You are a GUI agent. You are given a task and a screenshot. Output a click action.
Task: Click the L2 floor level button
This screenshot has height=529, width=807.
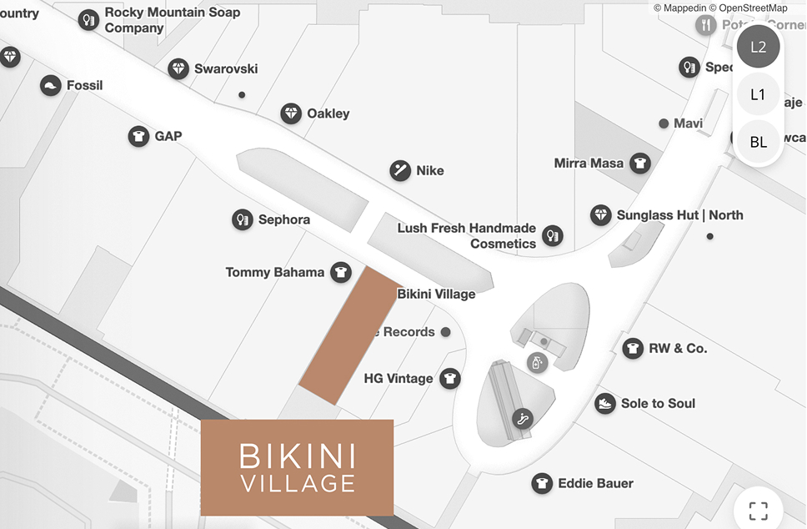[x=758, y=47]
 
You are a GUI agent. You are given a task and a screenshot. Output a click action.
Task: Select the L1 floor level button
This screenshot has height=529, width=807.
[x=758, y=94]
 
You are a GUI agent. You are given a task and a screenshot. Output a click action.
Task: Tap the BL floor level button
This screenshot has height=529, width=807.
[x=758, y=142]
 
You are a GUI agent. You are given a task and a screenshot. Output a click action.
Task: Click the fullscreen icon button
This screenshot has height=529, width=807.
[x=758, y=510]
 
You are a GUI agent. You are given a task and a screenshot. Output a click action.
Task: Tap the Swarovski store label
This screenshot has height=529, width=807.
[x=226, y=69]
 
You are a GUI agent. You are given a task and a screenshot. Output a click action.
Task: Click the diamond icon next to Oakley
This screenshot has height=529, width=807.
[x=291, y=113]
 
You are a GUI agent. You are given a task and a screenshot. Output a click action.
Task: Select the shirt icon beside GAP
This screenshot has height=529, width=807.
[x=138, y=136]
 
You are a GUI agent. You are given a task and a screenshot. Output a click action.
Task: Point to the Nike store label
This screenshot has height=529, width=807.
[x=430, y=171]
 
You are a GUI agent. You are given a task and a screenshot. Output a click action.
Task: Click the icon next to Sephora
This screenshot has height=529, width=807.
[x=243, y=219]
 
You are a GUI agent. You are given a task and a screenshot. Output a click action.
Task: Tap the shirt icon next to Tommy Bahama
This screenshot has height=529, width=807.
[x=339, y=272]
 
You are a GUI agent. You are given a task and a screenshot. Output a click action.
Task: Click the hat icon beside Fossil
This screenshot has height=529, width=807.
[x=51, y=86]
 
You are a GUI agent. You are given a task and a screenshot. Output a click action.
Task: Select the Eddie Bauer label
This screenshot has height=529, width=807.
[x=596, y=483]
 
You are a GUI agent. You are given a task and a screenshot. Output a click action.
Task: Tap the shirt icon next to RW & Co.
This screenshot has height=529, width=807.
[x=633, y=348]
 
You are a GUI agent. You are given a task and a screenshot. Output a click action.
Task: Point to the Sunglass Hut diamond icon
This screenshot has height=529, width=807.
[x=601, y=215]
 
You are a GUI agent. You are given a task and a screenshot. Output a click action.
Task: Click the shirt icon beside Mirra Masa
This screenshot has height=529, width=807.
[x=639, y=164]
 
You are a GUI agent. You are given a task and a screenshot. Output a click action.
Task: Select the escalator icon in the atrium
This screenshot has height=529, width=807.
[x=523, y=419]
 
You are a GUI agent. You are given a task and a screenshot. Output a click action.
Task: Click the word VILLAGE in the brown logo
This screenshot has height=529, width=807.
[x=298, y=483]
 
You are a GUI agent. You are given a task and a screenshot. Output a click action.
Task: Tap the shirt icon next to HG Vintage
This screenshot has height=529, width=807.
[x=450, y=379]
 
